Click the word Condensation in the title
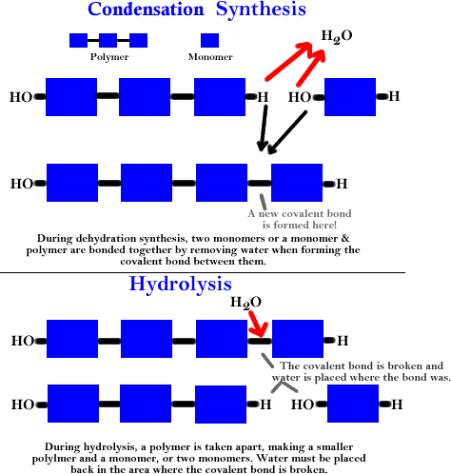click(146, 9)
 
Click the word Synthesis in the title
click(261, 10)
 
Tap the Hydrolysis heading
click(181, 285)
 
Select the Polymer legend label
click(109, 57)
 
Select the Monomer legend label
click(210, 57)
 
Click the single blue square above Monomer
click(209, 40)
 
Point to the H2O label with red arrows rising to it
click(337, 36)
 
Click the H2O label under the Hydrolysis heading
click(245, 303)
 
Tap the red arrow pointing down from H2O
click(258, 325)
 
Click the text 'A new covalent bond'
click(300, 213)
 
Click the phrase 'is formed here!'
click(300, 225)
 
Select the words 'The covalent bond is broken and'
click(362, 365)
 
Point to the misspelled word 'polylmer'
click(53, 459)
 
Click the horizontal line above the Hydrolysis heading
click(203, 272)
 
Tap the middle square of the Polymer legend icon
click(108, 40)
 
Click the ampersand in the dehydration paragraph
click(345, 238)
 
